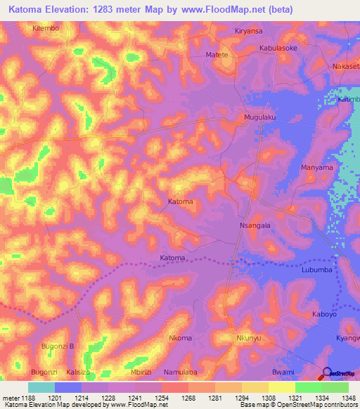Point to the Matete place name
tap(217, 54)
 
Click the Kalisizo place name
tap(79, 372)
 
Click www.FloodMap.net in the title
tap(214, 10)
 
